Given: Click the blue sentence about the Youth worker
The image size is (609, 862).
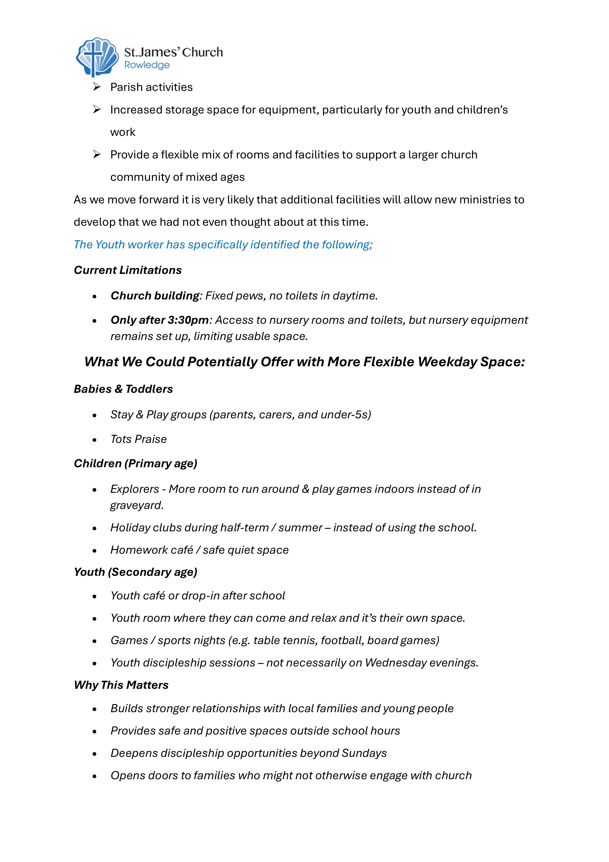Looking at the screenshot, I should coord(223,244).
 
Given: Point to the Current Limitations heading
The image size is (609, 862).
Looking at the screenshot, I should coord(128,270).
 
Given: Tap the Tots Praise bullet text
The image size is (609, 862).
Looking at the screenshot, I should coord(138,439).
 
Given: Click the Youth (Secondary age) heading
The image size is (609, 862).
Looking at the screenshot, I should coord(135,572).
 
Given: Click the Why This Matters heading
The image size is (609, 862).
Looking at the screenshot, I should coord(121,685).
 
